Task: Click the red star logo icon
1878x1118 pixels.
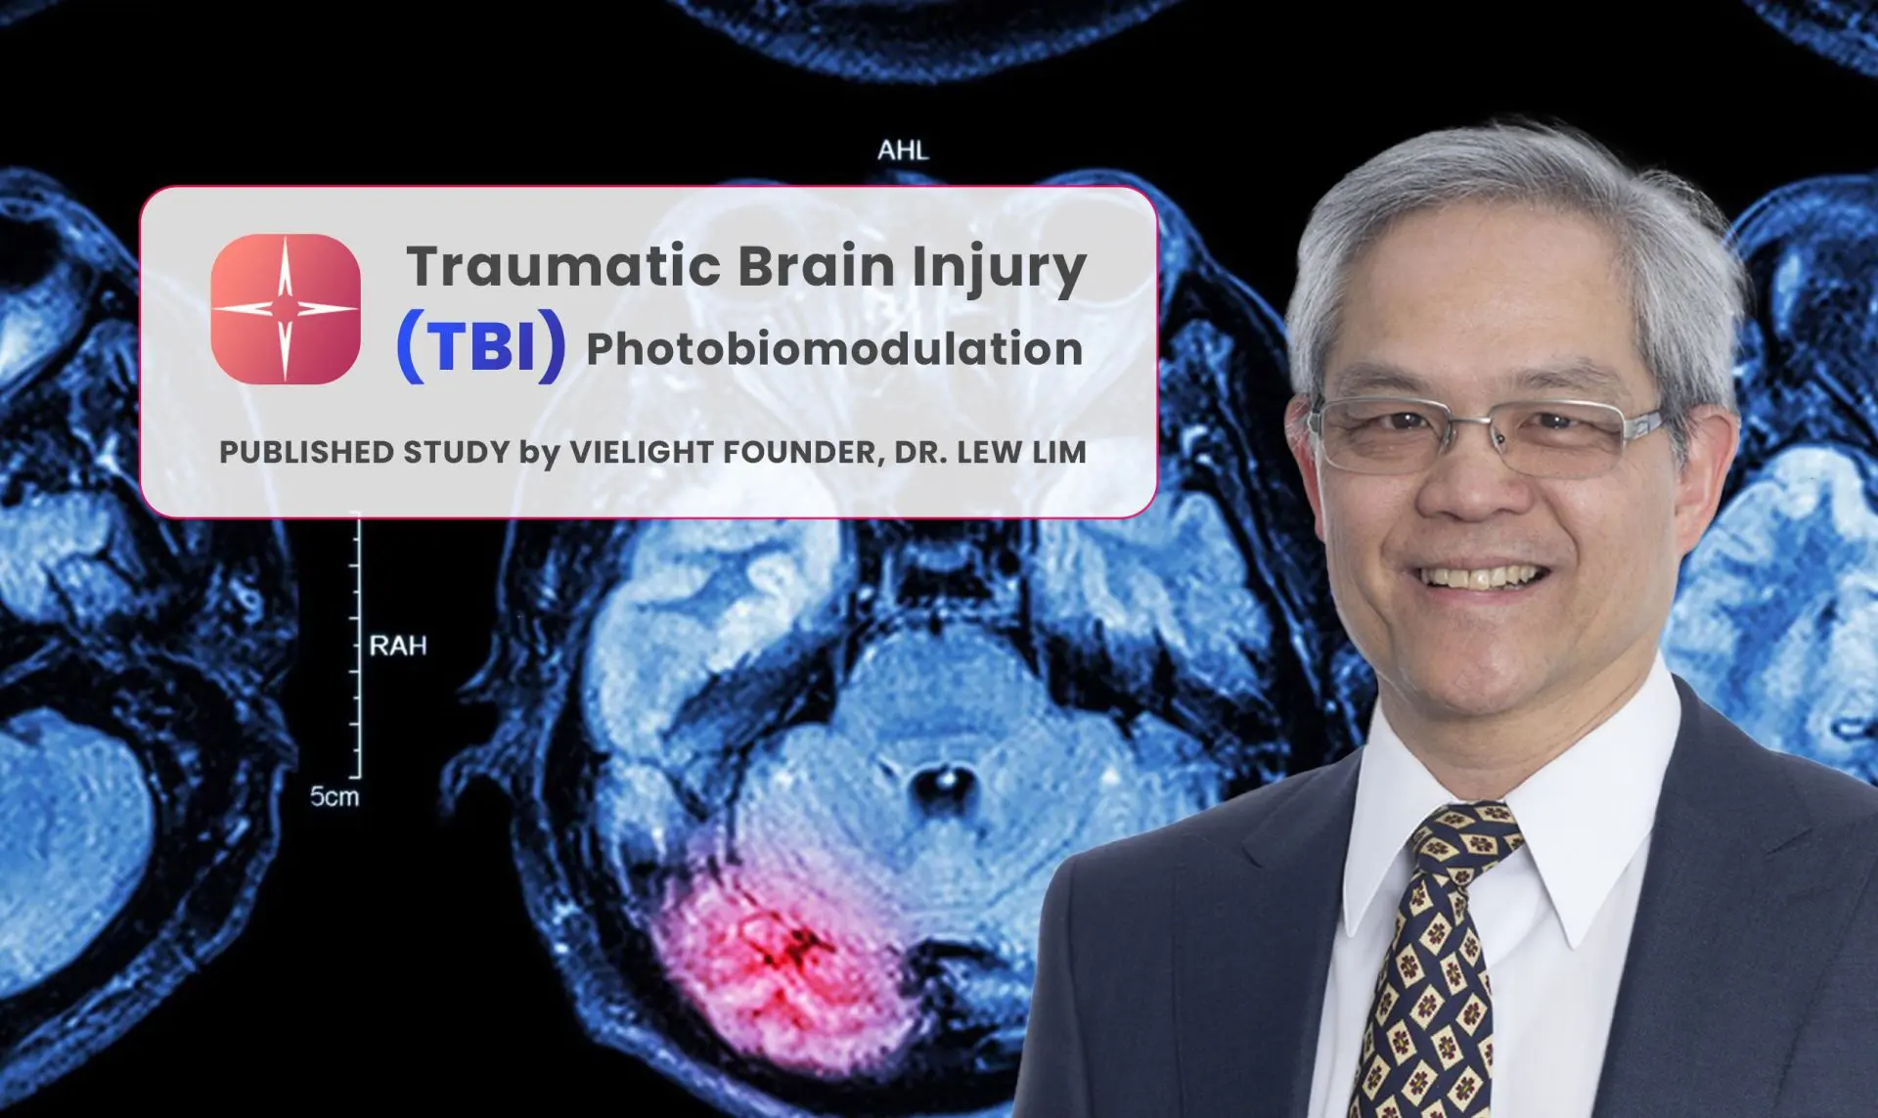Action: (286, 308)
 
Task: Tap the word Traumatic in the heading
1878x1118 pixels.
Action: (563, 266)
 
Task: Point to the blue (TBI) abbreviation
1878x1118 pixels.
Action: (480, 346)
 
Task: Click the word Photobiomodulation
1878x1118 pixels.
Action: (834, 349)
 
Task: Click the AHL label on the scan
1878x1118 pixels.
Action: (903, 151)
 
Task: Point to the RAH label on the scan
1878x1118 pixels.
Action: (398, 646)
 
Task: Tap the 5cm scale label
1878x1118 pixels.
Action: (335, 796)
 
